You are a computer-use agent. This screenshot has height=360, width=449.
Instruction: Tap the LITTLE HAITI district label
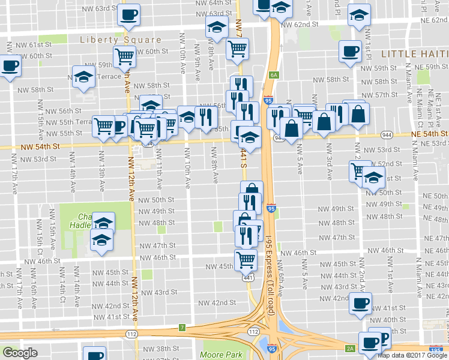coord(415,54)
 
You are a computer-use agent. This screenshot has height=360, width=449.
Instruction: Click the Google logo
coord(20,353)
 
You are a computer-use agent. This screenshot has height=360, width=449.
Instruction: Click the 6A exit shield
coord(274,74)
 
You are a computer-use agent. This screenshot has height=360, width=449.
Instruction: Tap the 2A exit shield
coord(351,347)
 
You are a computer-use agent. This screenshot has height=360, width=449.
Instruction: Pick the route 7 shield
coord(182,327)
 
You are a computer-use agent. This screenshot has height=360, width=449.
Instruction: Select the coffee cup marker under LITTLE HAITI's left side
coord(349,51)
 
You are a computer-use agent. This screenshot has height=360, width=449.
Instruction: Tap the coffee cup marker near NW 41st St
coord(360,304)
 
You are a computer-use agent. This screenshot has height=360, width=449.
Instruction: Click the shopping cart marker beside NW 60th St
coord(124,56)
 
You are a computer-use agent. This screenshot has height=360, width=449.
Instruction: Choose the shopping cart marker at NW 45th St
coord(246,260)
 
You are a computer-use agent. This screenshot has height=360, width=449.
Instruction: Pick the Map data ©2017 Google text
coord(412,355)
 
